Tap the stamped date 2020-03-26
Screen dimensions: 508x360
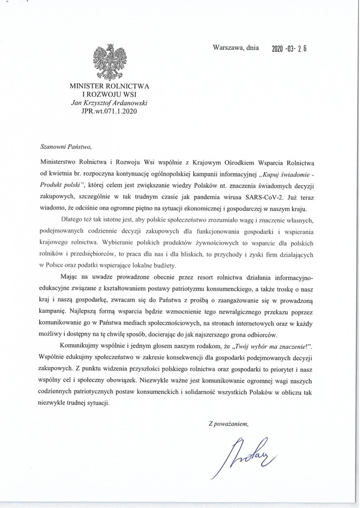click(x=289, y=49)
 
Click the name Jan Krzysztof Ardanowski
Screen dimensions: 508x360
click(x=110, y=102)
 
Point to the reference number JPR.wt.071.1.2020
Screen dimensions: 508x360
click(x=110, y=110)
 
